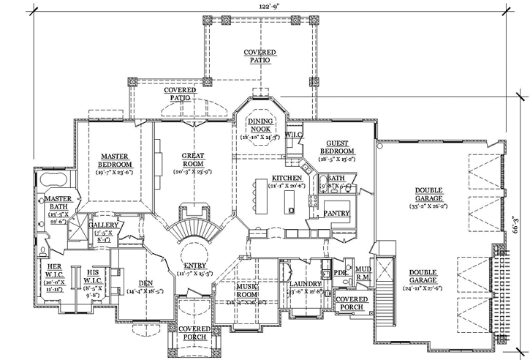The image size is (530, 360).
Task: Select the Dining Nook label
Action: click(x=260, y=124)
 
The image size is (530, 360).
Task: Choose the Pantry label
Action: click(x=338, y=214)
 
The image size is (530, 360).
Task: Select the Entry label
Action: click(x=194, y=267)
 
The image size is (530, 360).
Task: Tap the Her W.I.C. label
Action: click(x=56, y=271)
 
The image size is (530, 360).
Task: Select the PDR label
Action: click(x=339, y=273)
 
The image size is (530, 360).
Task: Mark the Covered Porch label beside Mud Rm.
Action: click(x=350, y=302)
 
